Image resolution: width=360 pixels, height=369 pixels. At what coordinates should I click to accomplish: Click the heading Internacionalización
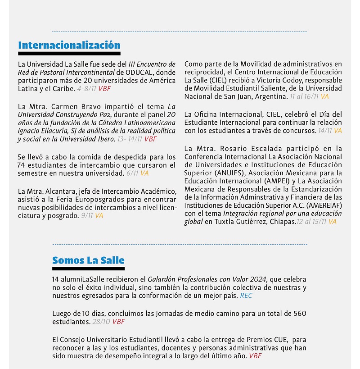click(x=69, y=46)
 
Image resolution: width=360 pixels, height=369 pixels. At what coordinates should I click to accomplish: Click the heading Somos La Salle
click(x=88, y=260)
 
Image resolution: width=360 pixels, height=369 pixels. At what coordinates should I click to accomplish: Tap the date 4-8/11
click(x=86, y=89)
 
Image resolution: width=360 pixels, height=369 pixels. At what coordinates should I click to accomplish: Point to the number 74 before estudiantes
click(x=22, y=165)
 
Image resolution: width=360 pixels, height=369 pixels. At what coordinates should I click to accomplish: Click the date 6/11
click(x=132, y=173)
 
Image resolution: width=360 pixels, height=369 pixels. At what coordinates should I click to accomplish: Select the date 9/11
click(x=87, y=216)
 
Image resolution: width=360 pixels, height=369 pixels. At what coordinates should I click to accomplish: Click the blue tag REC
click(x=247, y=296)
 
